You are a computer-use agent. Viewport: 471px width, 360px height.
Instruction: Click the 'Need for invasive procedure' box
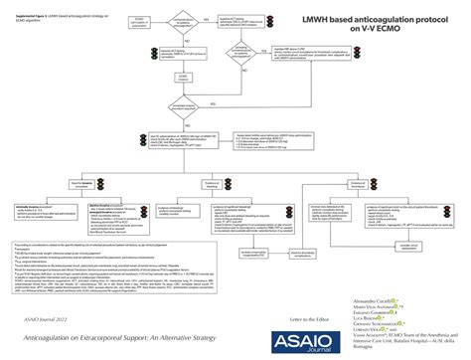click(x=87, y=185)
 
